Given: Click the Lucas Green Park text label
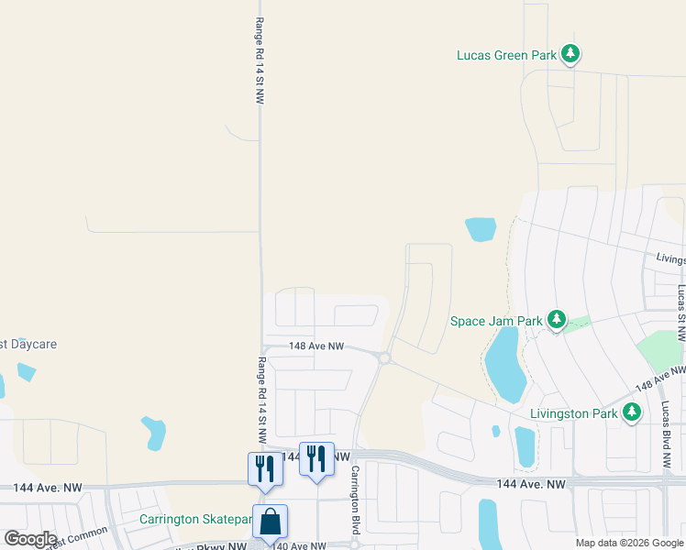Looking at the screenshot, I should point(507,55).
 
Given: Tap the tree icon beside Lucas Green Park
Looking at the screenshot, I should point(571,54).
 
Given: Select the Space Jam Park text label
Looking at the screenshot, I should point(496,321).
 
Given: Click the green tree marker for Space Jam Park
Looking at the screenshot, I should point(556,319).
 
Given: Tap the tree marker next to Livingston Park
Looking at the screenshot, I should point(631,412).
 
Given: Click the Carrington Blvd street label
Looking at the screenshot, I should point(355,500).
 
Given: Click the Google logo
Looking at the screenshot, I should point(30,539).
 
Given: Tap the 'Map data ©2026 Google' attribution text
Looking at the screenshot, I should point(628,543).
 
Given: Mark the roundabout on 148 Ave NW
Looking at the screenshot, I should point(385,358).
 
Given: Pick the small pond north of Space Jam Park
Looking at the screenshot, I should point(481,228).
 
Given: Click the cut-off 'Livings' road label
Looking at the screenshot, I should point(669,259).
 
